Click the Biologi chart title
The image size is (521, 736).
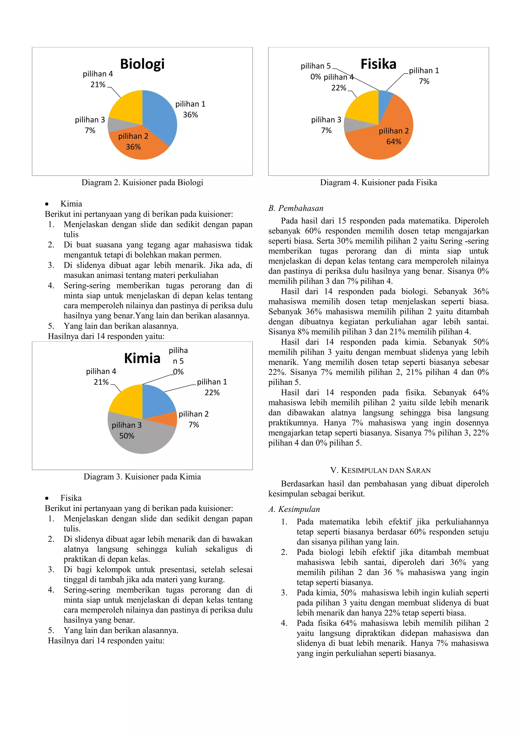point(142,64)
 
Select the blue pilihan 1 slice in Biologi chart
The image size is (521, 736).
point(161,119)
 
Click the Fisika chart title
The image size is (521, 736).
point(378,64)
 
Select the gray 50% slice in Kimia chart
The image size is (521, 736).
point(141,439)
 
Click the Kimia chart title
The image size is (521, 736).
point(142,358)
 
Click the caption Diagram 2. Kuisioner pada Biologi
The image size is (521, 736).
point(142,182)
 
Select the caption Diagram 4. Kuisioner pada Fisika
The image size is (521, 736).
point(378,182)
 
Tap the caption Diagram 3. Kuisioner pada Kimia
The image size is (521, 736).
point(142,477)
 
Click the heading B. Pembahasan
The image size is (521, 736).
point(296,208)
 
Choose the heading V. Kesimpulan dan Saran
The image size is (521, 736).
point(381,470)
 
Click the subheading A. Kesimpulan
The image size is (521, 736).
point(294,509)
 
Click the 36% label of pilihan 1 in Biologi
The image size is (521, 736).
point(190,115)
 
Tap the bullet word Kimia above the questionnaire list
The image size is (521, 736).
point(71,204)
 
